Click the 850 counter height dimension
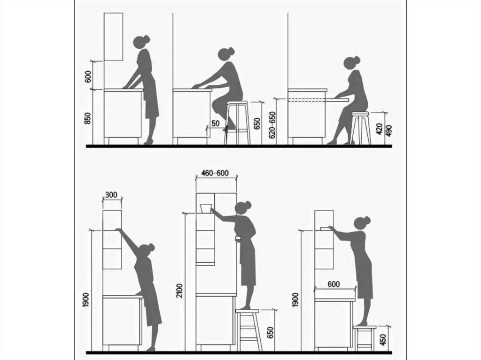click(88, 118)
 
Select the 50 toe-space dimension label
click(216, 123)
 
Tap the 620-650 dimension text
click(272, 124)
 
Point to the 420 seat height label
click(380, 129)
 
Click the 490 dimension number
click(388, 130)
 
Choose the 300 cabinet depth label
click(111, 195)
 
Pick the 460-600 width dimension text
click(215, 173)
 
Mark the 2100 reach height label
click(180, 291)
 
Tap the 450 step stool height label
click(383, 339)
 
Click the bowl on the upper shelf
click(206, 208)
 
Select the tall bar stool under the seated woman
click(237, 123)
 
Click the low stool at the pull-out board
click(361, 128)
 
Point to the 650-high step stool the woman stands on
click(249, 330)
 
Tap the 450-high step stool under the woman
click(365, 338)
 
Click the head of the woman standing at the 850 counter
click(141, 42)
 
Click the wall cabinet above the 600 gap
click(114, 37)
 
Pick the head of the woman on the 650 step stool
click(243, 207)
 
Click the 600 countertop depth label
click(334, 284)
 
